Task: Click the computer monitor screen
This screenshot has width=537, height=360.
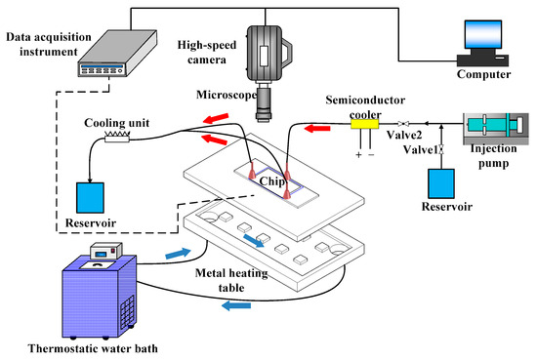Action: click(x=483, y=34)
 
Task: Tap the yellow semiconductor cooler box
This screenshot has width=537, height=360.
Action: click(x=365, y=124)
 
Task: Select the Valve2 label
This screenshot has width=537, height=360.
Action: click(x=404, y=135)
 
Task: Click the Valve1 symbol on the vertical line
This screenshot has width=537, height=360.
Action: click(x=441, y=150)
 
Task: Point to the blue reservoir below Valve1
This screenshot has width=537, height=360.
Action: click(x=441, y=183)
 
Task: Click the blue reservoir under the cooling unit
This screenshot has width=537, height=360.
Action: click(x=90, y=198)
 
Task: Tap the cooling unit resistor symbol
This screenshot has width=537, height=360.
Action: click(x=117, y=138)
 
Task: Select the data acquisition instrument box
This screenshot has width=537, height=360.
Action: click(x=117, y=53)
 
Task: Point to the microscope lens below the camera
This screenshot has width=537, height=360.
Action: click(x=264, y=104)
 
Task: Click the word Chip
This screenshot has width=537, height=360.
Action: click(x=272, y=181)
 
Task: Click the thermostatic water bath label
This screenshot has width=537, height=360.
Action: click(x=93, y=348)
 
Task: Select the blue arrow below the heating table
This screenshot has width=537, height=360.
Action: click(x=236, y=305)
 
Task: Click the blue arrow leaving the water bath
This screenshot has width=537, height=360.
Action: click(x=178, y=254)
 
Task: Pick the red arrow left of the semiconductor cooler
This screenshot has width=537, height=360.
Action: click(x=317, y=129)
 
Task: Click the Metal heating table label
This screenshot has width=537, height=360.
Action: click(x=231, y=280)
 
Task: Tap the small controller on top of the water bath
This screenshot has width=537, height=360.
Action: click(x=106, y=251)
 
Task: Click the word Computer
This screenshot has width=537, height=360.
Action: click(x=483, y=74)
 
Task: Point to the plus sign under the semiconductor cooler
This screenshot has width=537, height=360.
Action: click(x=358, y=155)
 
